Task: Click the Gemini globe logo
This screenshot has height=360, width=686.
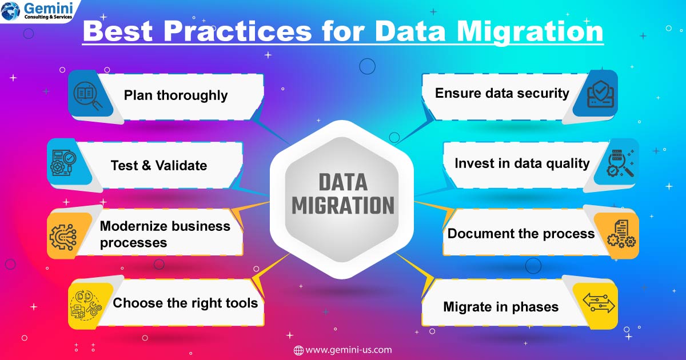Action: pyautogui.click(x=10, y=11)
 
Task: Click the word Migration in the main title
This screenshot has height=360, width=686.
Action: pyautogui.click(x=530, y=32)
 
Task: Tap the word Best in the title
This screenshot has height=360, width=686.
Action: pyautogui.click(x=118, y=31)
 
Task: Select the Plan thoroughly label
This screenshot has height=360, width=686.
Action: pyautogui.click(x=176, y=95)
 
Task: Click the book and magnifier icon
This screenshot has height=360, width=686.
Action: pyautogui.click(x=87, y=95)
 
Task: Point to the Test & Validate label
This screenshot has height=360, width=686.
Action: pyautogui.click(x=159, y=166)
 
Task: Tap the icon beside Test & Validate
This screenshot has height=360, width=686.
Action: pyautogui.click(x=63, y=162)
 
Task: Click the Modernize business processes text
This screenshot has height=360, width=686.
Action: pyautogui.click(x=165, y=234)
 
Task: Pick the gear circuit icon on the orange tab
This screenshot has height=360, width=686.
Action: pyautogui.click(x=63, y=237)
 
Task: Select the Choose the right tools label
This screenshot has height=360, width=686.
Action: pyautogui.click(x=185, y=303)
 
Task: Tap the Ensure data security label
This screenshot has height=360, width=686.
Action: pyautogui.click(x=502, y=93)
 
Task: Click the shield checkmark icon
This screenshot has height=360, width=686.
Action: pyautogui.click(x=601, y=94)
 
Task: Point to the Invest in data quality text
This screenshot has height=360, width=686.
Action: pyautogui.click(x=522, y=163)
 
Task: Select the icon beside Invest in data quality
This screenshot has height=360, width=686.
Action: pyautogui.click(x=620, y=163)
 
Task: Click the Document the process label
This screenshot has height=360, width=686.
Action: pyautogui.click(x=521, y=234)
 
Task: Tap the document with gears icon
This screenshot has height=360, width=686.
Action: pyautogui.click(x=621, y=234)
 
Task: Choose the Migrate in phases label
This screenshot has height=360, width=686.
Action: pyautogui.click(x=501, y=307)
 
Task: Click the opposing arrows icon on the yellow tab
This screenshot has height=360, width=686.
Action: pyautogui.click(x=599, y=302)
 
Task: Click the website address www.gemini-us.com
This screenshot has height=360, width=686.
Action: pyautogui.click(x=342, y=350)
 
